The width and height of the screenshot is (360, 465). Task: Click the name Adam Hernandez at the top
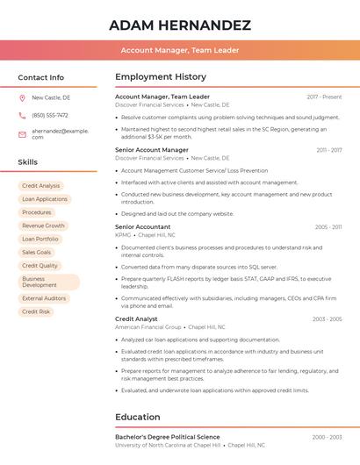tap(180, 25)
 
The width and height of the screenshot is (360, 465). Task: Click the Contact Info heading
tap(40, 77)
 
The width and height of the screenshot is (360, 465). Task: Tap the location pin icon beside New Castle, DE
tap(22, 97)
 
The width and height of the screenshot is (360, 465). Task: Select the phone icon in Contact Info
tap(22, 115)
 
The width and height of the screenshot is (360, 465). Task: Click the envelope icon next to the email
tap(22, 133)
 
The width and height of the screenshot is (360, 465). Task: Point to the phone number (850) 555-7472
tap(50, 115)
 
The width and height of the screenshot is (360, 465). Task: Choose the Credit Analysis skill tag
tap(41, 186)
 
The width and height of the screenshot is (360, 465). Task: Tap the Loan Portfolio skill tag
tap(40, 239)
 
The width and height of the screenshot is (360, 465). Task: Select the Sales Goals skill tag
tap(37, 252)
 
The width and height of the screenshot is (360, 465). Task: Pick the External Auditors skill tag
tap(44, 298)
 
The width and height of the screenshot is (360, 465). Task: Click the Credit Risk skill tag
tap(36, 311)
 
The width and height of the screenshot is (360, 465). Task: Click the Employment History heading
tap(161, 77)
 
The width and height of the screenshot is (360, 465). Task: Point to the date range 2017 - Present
tap(324, 97)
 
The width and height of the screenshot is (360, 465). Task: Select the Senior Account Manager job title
tap(152, 150)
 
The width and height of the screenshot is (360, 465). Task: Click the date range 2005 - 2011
tap(328, 227)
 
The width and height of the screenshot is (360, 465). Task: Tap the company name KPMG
tap(123, 235)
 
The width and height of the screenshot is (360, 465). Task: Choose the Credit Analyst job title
tap(136, 318)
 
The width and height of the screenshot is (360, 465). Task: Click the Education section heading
tap(138, 417)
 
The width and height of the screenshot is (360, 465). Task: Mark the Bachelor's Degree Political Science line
tap(168, 437)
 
